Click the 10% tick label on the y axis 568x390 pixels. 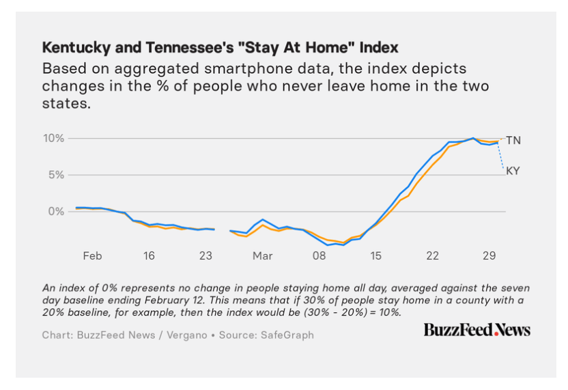tap(53, 139)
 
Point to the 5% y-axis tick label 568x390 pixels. tap(56, 175)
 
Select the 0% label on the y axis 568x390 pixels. tap(56, 212)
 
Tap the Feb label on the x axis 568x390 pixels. tap(92, 256)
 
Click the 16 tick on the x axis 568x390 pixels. tap(149, 256)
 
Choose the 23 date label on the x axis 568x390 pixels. tap(205, 256)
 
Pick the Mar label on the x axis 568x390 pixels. tap(262, 256)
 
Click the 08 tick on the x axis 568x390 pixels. tap(319, 256)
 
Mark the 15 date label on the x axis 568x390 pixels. tap(375, 256)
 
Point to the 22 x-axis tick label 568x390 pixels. tap(432, 256)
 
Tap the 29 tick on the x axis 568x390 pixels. tap(489, 256)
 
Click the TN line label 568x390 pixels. tap(513, 140)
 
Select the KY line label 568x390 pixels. tap(513, 171)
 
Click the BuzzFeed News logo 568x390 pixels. tap(477, 330)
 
